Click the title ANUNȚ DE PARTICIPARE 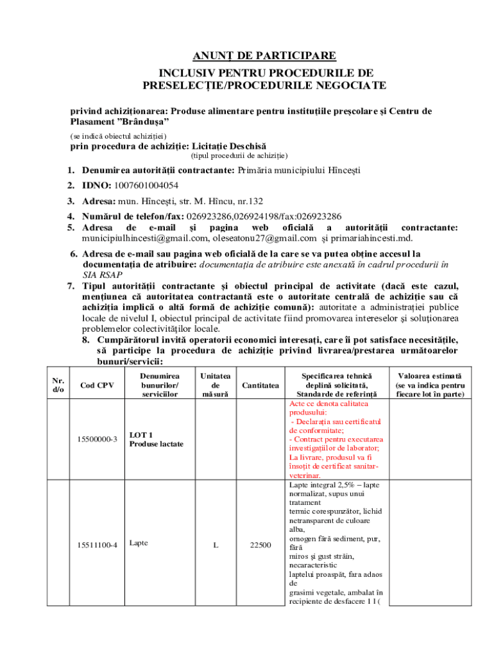(265, 56)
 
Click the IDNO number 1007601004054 (146, 185)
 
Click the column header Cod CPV (97, 385)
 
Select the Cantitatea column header (260, 385)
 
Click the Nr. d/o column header (58, 385)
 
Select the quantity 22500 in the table (260, 545)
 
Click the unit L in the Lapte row (216, 545)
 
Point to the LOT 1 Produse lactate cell (157, 439)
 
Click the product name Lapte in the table (139, 543)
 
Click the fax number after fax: (318, 216)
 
